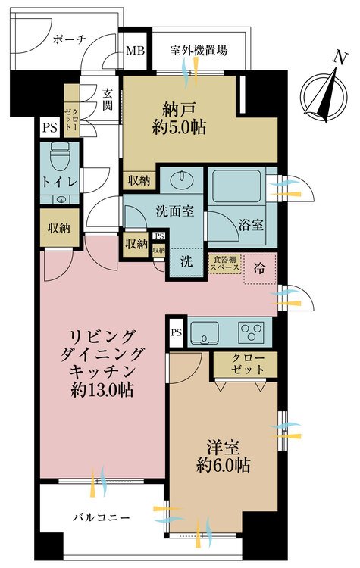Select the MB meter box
[x=134, y=51]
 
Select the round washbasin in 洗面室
[x=182, y=183]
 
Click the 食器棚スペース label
[x=224, y=265]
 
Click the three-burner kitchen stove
[x=252, y=331]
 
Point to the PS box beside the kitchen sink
[x=176, y=332]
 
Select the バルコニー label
[x=101, y=517]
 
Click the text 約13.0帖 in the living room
[x=104, y=391]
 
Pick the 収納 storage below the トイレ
[x=58, y=228]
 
